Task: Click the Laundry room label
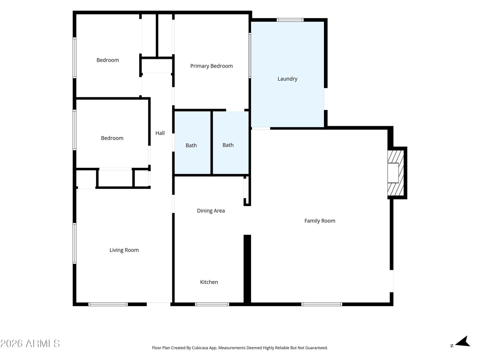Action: click(287, 79)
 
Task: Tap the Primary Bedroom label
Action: click(211, 66)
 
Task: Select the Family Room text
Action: click(320, 221)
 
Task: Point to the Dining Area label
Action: click(211, 211)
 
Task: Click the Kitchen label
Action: click(209, 282)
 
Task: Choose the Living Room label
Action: click(124, 250)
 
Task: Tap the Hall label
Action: click(160, 133)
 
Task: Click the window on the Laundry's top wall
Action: click(290, 20)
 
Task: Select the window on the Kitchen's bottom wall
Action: click(212, 304)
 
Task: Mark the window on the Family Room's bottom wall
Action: click(322, 304)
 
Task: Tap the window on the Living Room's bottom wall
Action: click(108, 304)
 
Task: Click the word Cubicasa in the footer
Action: click(200, 348)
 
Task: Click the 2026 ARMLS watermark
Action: click(30, 343)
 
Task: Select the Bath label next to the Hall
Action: click(191, 145)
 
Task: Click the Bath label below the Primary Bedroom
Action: click(228, 145)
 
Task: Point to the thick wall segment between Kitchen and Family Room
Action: click(247, 269)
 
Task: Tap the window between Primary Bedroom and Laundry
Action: click(250, 55)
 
